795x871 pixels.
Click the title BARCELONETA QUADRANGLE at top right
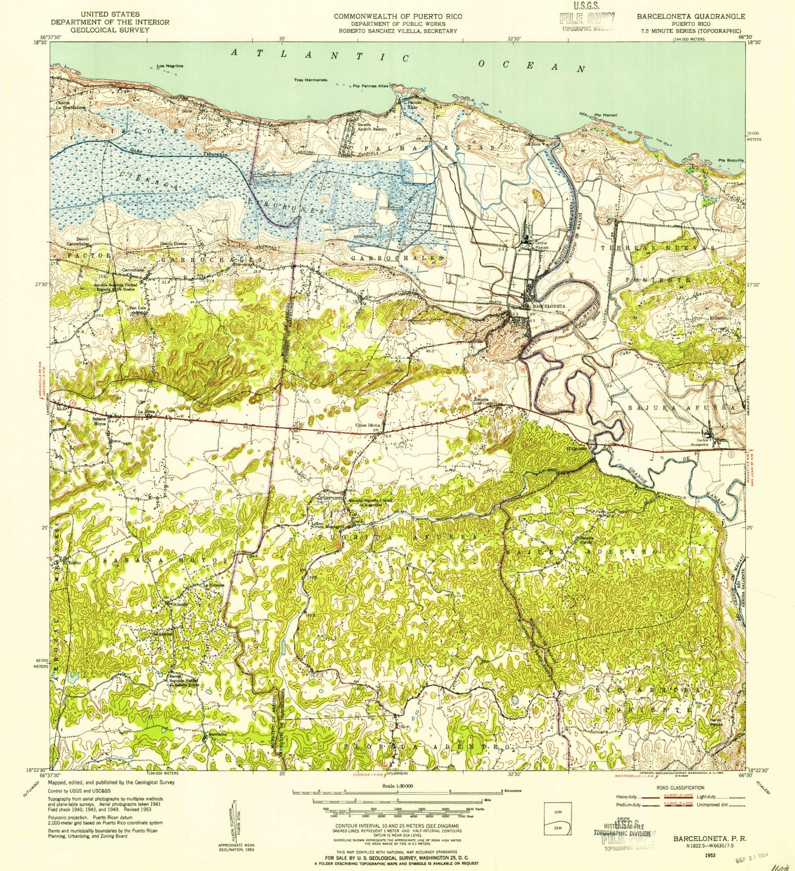coord(694,16)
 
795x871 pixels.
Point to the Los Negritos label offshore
coord(170,66)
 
